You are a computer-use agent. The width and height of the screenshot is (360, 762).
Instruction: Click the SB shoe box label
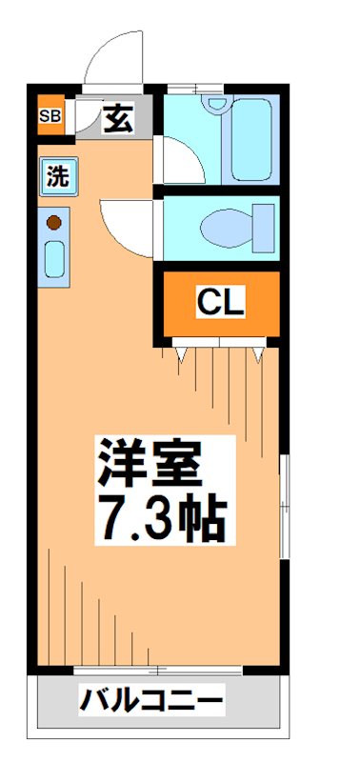[x=50, y=118]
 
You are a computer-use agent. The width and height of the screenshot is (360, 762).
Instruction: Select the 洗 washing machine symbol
[x=56, y=176]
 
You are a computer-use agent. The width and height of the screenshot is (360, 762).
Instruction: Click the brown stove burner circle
[x=54, y=223]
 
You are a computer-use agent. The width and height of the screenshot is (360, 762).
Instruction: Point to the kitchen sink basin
[x=55, y=259]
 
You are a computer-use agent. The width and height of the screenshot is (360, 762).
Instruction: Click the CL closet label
[x=221, y=304]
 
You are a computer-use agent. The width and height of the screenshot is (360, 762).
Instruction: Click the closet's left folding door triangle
[x=179, y=352]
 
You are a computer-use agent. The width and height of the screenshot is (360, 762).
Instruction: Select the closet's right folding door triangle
[x=259, y=352]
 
